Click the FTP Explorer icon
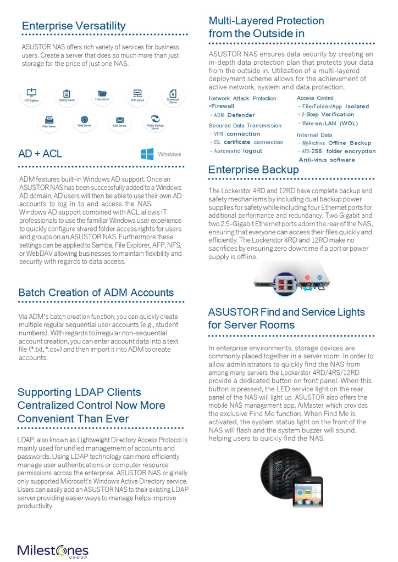tap(31, 92)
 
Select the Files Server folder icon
tap(102, 93)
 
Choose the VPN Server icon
tap(137, 93)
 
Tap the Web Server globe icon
tap(84, 120)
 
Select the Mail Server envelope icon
tap(120, 120)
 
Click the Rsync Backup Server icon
tap(155, 119)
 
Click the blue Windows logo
tap(147, 154)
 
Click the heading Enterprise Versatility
tap(74, 26)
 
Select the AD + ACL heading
tap(40, 154)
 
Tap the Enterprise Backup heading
tap(253, 170)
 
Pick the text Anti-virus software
tap(327, 160)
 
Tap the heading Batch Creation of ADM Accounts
tap(96, 293)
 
